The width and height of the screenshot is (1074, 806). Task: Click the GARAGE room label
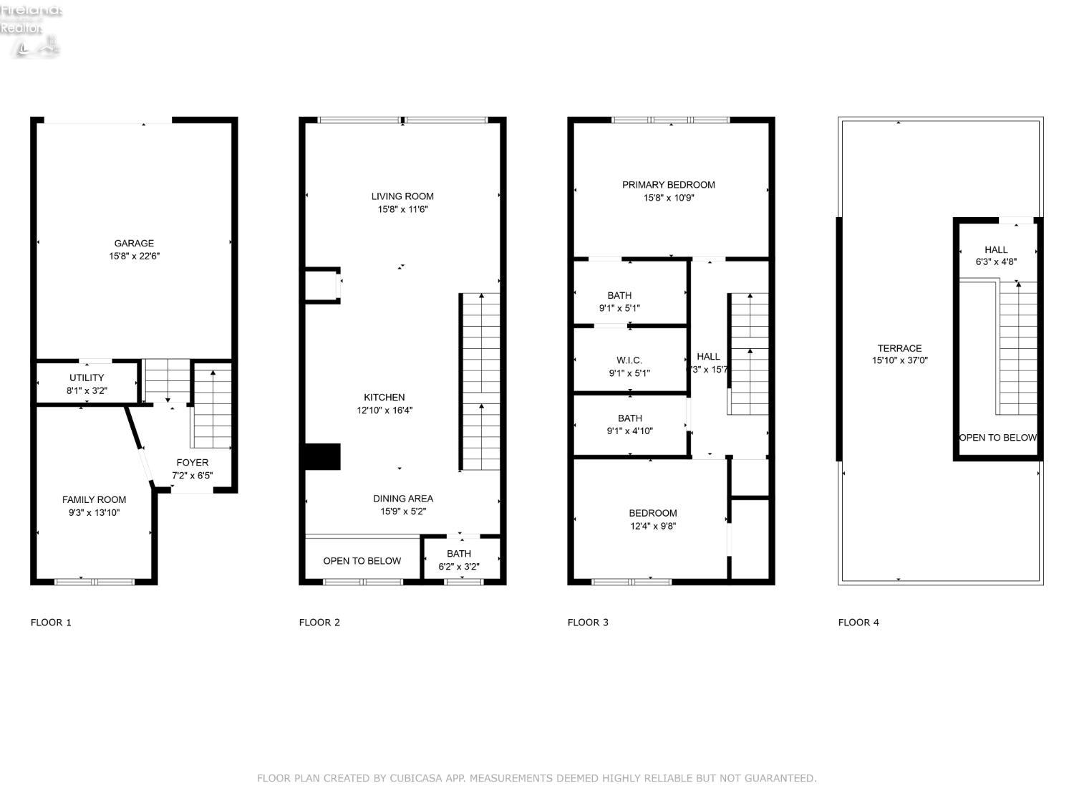tap(134, 244)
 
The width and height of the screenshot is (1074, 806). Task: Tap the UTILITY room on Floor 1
tap(87, 383)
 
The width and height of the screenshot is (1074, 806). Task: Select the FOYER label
tap(192, 463)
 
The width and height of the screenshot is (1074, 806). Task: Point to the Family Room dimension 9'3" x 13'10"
tap(94, 513)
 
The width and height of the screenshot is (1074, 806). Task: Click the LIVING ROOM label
tap(402, 196)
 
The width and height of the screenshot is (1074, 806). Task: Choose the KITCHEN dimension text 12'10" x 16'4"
tap(384, 411)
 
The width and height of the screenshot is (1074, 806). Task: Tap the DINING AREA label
tap(402, 499)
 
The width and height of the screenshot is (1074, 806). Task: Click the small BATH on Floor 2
tap(459, 559)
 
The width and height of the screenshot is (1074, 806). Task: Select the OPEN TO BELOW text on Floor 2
tap(362, 561)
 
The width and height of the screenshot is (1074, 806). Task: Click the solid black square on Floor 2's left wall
tap(321, 457)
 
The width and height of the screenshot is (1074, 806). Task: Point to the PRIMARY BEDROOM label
tap(668, 185)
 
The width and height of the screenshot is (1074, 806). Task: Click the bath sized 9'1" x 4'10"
tap(630, 424)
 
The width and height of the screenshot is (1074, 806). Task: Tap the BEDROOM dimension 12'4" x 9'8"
tap(653, 526)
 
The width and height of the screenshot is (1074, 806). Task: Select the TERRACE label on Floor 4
tap(899, 348)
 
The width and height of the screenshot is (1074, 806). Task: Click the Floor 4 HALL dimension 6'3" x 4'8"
tap(996, 262)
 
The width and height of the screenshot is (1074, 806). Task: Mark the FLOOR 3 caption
tap(588, 622)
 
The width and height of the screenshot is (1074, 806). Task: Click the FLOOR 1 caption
tap(51, 622)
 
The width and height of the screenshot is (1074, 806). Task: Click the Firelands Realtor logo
tap(31, 30)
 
